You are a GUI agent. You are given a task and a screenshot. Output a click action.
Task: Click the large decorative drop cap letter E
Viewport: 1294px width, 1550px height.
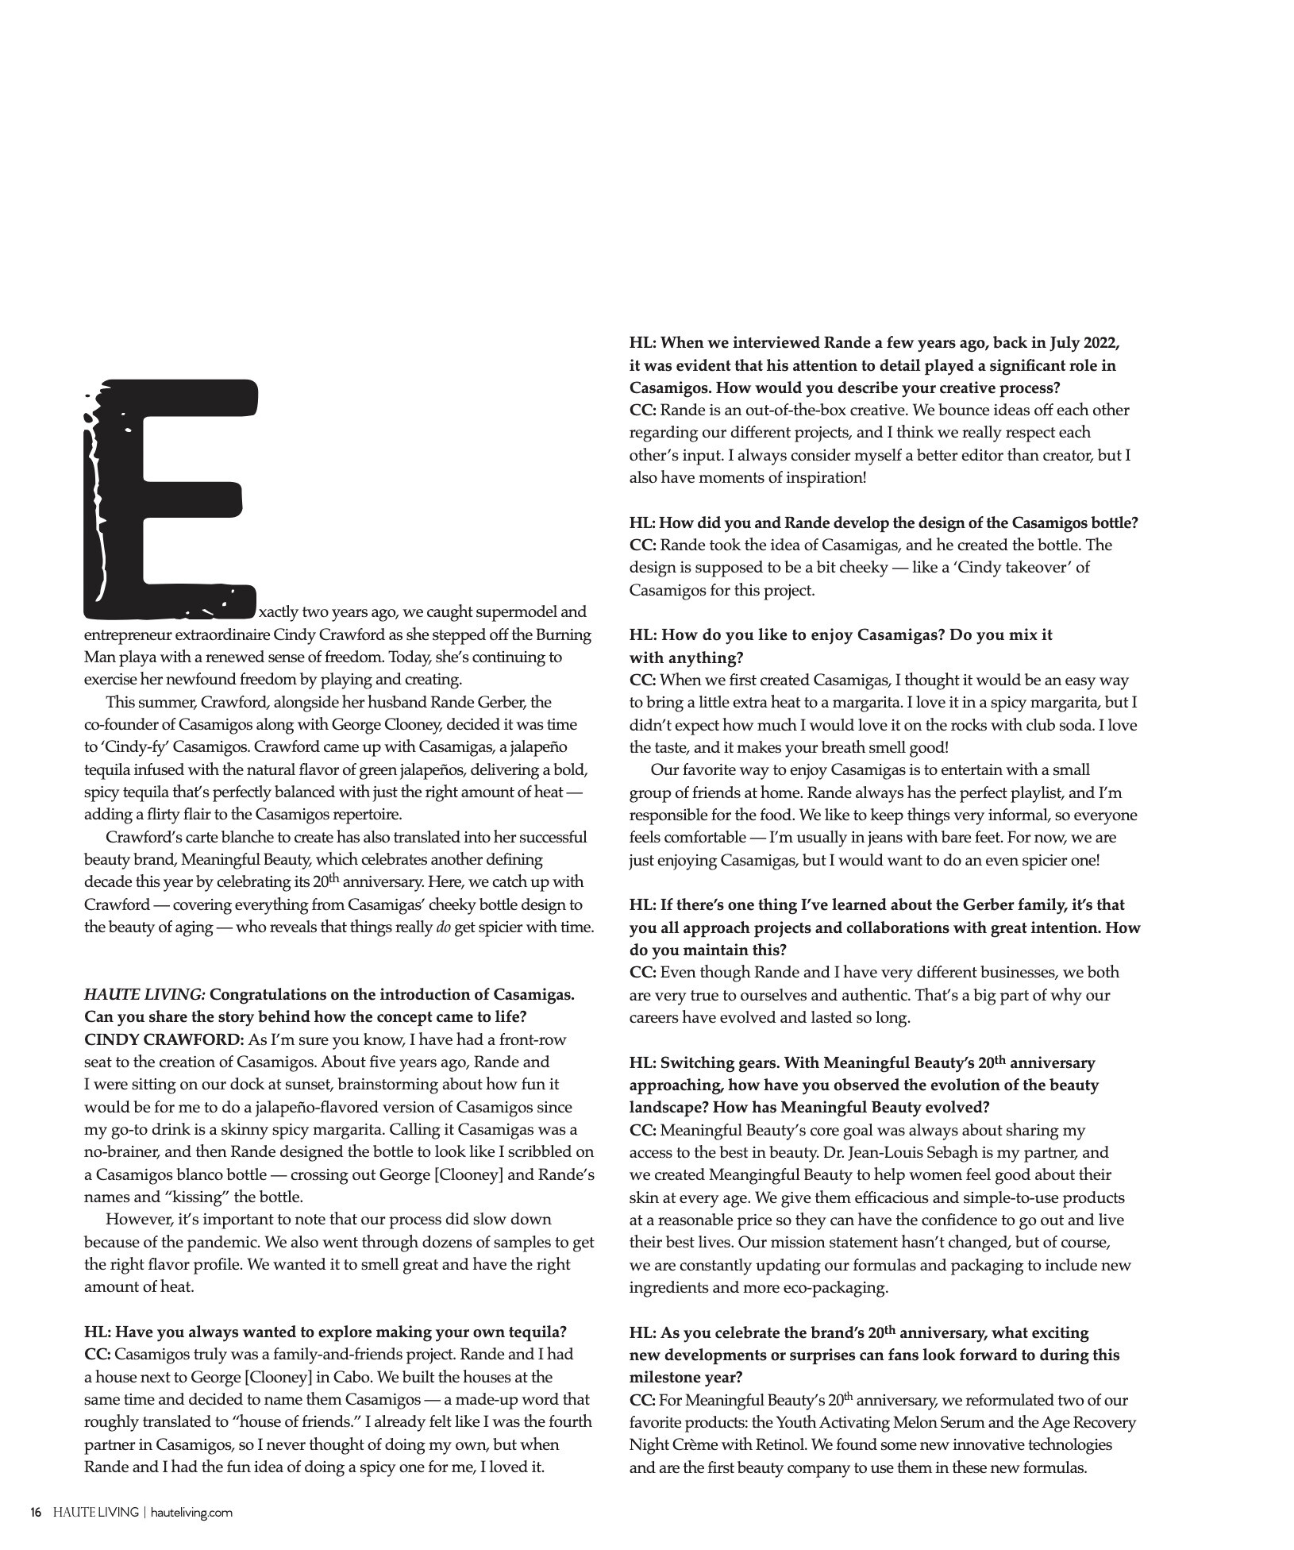(171, 499)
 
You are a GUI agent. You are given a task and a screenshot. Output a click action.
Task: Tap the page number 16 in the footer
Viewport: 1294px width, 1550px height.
(37, 1512)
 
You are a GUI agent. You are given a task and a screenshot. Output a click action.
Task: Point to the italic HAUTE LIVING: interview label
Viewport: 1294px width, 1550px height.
(145, 994)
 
